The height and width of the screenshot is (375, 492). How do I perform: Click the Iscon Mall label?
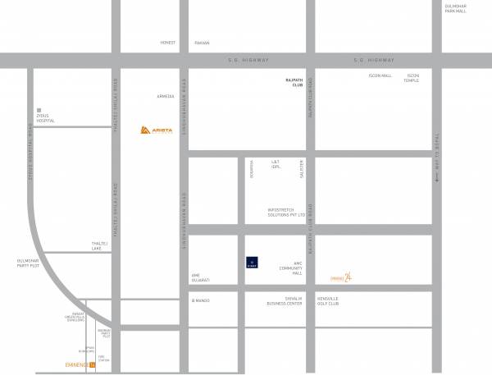(x=380, y=75)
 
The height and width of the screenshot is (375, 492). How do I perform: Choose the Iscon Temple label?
(x=411, y=78)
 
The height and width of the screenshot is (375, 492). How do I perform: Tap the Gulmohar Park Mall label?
(x=455, y=9)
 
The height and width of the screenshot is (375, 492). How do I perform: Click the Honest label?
(x=168, y=43)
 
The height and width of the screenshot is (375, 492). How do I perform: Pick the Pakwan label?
(x=202, y=43)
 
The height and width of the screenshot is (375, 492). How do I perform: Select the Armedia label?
(x=166, y=96)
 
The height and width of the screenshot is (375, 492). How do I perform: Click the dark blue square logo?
(x=253, y=263)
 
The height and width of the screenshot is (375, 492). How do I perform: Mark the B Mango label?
(x=201, y=300)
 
